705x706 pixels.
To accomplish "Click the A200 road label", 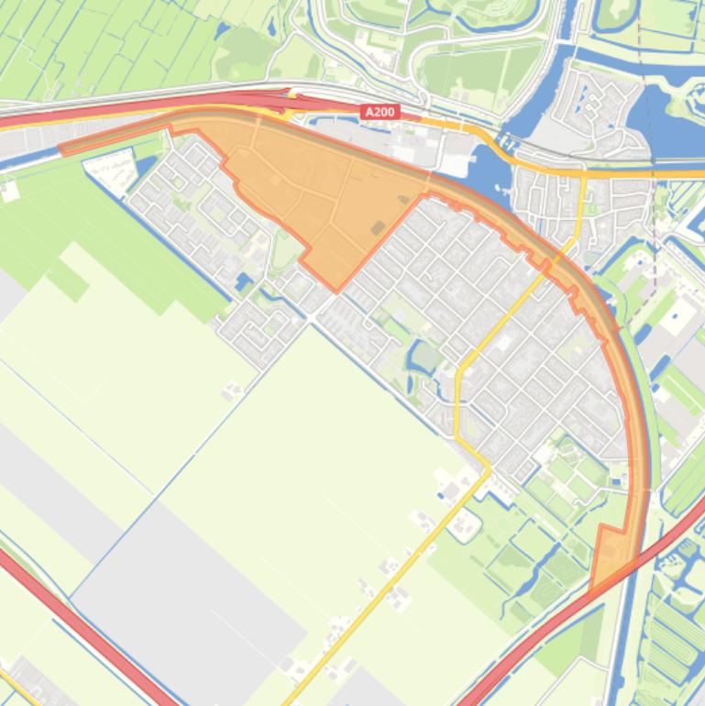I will coord(380,112).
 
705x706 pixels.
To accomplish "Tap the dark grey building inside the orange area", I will coord(378,226).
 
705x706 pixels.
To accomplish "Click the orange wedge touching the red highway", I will coord(611,556).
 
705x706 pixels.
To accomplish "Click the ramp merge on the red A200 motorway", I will coord(284,95).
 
